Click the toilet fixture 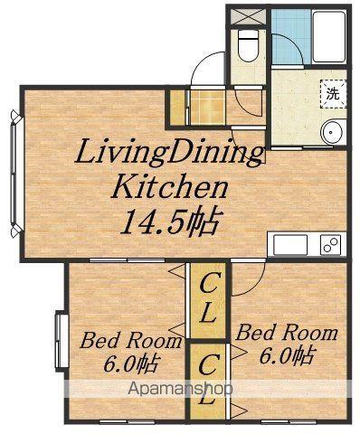point(248,45)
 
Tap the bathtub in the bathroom point(329,37)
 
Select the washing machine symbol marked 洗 point(333,94)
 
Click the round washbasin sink point(334,132)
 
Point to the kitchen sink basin point(290,245)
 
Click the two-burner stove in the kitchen point(331,245)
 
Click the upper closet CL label point(208,301)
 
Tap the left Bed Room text point(130,341)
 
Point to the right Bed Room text point(287,333)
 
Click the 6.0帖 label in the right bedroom point(288,354)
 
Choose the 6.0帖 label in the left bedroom point(131,363)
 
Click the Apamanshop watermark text point(180,389)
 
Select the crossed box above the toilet point(248,17)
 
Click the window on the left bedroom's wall point(62,341)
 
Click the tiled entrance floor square point(208,107)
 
